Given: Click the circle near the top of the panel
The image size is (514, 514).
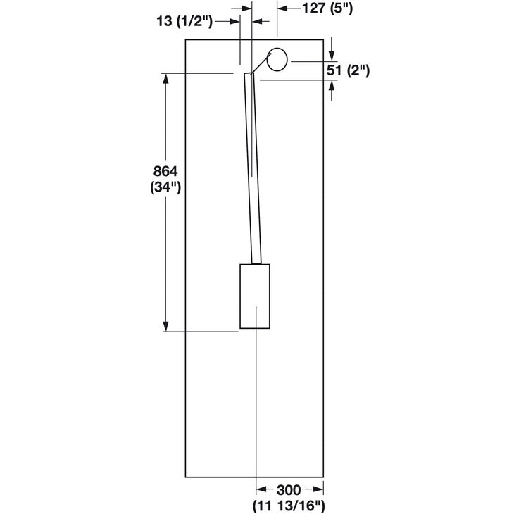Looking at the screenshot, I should pyautogui.click(x=277, y=60).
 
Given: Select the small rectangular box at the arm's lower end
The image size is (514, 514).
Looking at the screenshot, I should pyautogui.click(x=255, y=296).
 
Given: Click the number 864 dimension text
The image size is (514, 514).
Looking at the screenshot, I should pyautogui.click(x=166, y=172).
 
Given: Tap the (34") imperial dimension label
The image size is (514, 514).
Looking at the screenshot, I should pyautogui.click(x=166, y=187).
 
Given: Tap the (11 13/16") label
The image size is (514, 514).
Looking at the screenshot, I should pyautogui.click(x=289, y=505).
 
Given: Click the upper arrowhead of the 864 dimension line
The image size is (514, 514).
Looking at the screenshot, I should pyautogui.click(x=166, y=77).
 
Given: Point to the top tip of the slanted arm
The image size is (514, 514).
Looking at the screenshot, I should pyautogui.click(x=248, y=73).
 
